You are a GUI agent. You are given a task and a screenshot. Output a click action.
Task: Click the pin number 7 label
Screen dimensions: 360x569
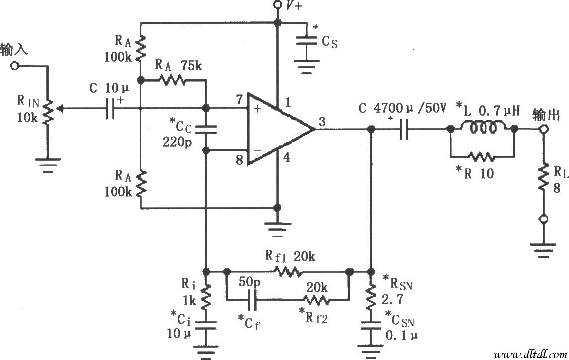[240, 98]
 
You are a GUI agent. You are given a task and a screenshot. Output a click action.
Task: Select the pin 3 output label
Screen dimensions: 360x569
[322, 121]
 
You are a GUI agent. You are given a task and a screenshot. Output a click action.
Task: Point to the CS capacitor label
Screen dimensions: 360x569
[329, 43]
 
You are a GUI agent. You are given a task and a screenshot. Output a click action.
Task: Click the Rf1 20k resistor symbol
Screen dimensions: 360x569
[287, 272]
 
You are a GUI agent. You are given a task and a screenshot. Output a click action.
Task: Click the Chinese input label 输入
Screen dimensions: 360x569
[14, 50]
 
